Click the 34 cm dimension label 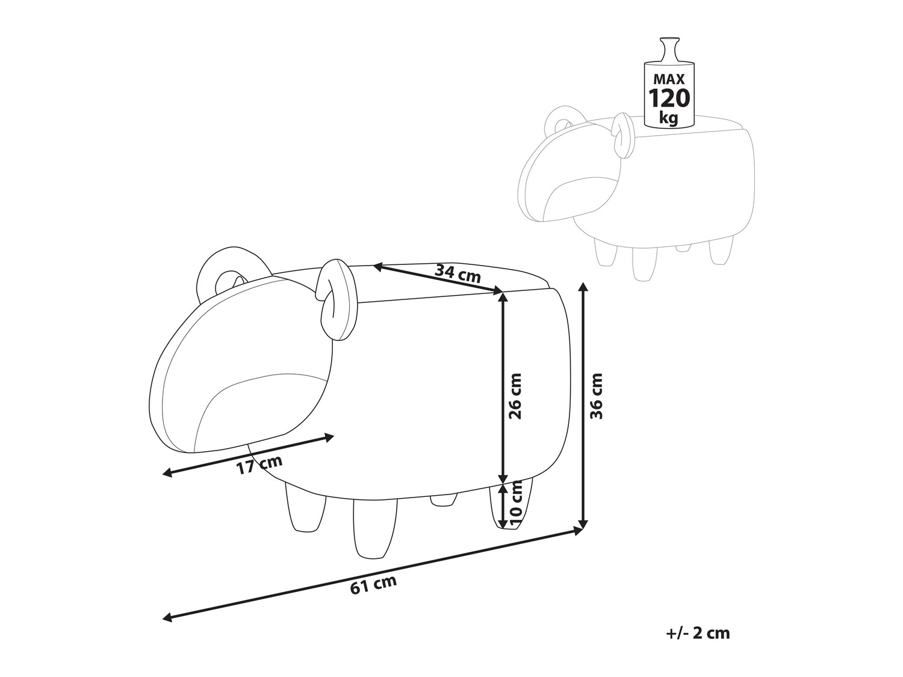(x=458, y=273)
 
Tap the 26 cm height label (x=515, y=396)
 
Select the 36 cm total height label (x=596, y=396)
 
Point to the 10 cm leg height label (x=515, y=505)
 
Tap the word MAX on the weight (x=669, y=79)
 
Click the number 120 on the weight (x=669, y=98)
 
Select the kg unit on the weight (x=669, y=119)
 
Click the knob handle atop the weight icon (x=669, y=50)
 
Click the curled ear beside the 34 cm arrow (x=335, y=295)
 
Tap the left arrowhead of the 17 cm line (x=168, y=474)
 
